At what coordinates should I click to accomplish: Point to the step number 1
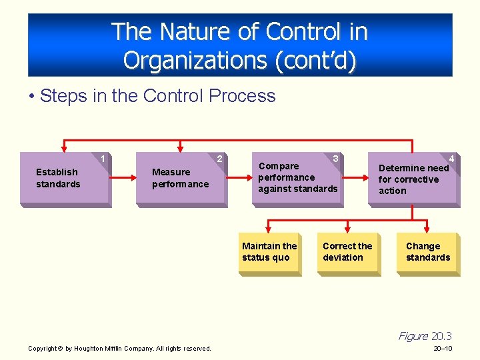[x=103, y=159]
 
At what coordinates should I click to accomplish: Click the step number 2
[x=220, y=159]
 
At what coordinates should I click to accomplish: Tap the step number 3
[x=336, y=159]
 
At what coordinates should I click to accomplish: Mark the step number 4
[x=452, y=159]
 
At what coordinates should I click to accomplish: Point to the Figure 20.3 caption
[x=425, y=336]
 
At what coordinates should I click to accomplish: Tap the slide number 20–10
[x=443, y=349]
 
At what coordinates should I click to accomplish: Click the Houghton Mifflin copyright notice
[x=120, y=349]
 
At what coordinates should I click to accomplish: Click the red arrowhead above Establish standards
[x=63, y=149]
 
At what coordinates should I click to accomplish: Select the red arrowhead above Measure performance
[x=180, y=149]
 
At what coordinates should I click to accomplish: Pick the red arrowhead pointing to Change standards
[x=427, y=229]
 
